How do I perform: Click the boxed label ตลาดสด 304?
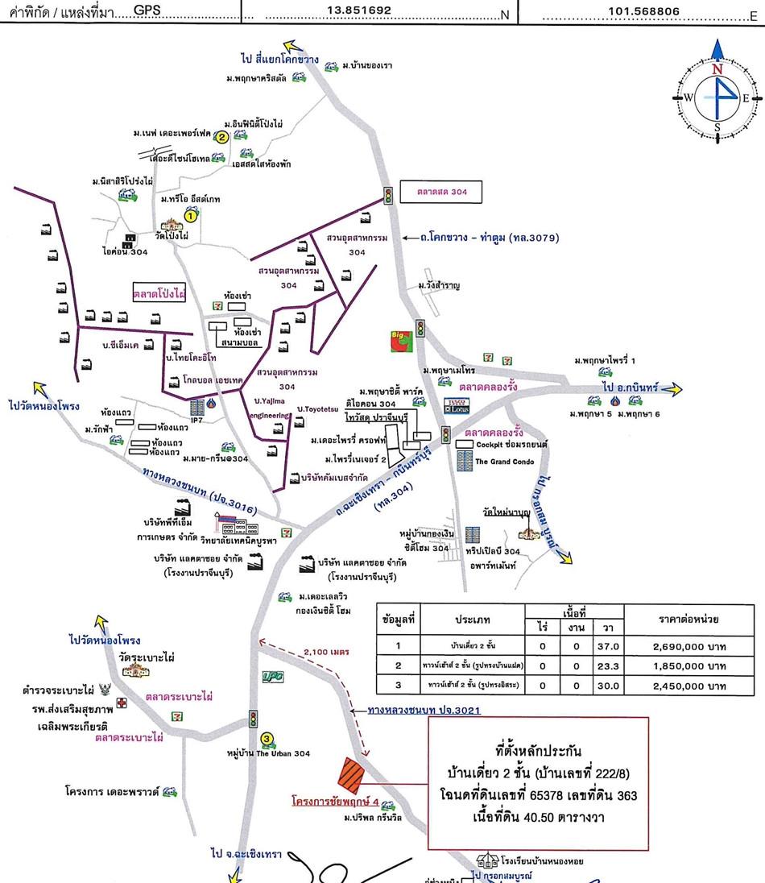coord(440,192)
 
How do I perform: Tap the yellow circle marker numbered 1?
coord(191,215)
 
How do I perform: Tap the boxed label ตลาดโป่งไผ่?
coord(159,293)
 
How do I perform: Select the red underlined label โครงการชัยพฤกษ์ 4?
coord(333,802)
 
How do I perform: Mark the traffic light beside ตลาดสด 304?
coord(388,194)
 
